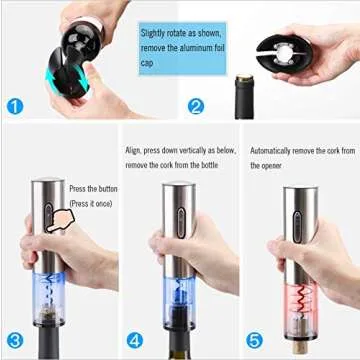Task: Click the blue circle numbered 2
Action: (196, 106)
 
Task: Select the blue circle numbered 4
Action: (136, 338)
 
